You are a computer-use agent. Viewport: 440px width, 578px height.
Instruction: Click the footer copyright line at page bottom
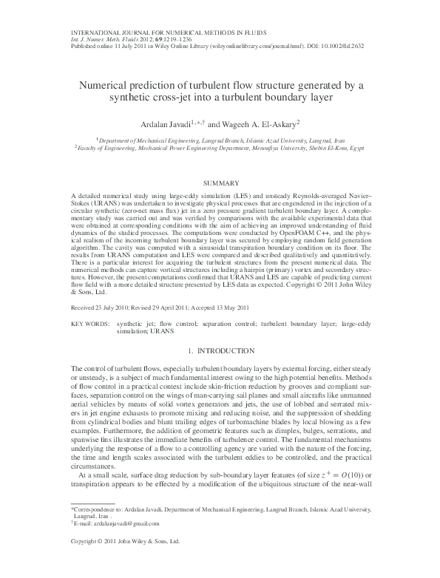pos(124,563)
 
